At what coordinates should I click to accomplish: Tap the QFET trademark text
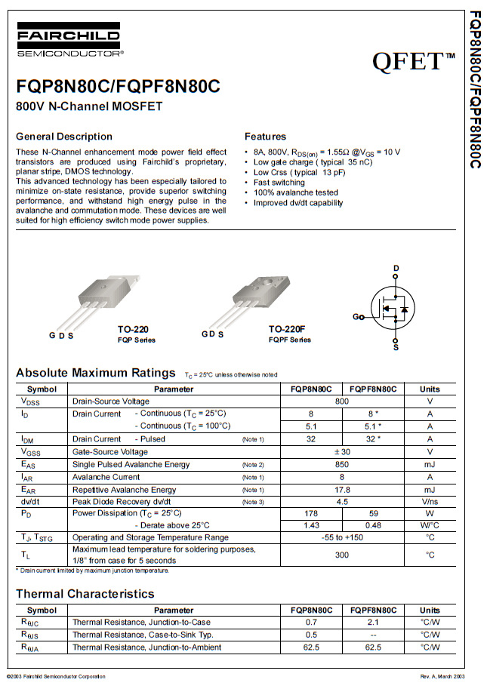pos(411,60)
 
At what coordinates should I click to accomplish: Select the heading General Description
pos(64,137)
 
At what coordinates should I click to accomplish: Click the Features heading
pos(265,137)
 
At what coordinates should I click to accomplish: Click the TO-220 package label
pos(133,330)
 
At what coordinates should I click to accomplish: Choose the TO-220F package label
pos(287,330)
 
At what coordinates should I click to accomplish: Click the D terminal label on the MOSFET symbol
pos(396,269)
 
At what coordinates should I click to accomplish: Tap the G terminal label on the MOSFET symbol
pos(356,317)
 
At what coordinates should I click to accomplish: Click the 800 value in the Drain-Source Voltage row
pos(342,401)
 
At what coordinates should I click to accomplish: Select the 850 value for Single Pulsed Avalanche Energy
pos(342,464)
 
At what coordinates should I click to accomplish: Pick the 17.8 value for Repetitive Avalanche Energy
pos(342,490)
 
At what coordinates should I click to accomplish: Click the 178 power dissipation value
pos(310,512)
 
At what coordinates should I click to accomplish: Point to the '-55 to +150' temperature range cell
pos(342,537)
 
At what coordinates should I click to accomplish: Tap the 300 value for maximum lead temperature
pos(342,555)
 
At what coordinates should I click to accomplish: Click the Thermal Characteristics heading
pos(85,594)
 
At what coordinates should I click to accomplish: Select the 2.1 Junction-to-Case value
pos(373,623)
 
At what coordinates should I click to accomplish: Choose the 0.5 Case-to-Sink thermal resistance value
pos(310,635)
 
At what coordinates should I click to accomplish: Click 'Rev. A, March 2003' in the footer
pos(442,675)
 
